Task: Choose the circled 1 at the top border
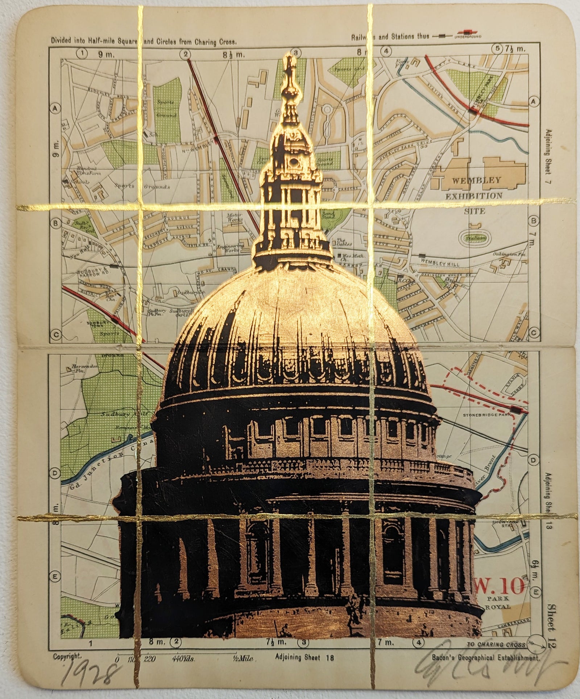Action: (x=83, y=53)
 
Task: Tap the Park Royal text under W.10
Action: (x=497, y=602)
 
